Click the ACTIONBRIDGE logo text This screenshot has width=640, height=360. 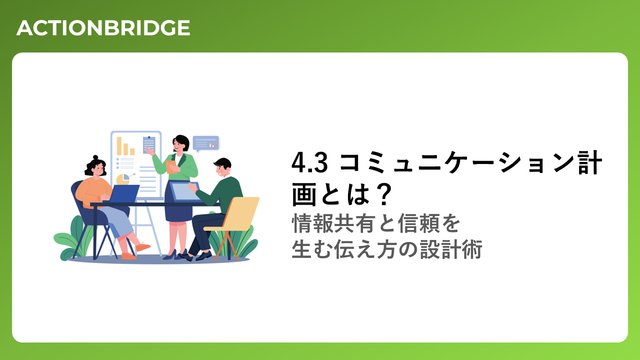[x=103, y=28]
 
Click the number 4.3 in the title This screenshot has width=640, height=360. [x=309, y=163]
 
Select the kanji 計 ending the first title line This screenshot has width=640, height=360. [x=590, y=163]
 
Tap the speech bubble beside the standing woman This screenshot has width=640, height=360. [x=205, y=143]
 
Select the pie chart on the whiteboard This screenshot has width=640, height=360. [x=123, y=179]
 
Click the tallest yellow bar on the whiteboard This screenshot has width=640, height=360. [x=119, y=145]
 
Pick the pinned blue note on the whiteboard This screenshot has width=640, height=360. [x=149, y=144]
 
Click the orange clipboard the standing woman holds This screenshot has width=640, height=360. [x=171, y=167]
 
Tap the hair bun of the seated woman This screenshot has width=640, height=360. [x=95, y=157]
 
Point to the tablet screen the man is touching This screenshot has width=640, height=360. [x=184, y=191]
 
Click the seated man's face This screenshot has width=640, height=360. [x=222, y=171]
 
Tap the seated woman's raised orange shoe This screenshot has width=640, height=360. [x=142, y=246]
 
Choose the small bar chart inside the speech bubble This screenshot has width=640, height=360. [x=212, y=145]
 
